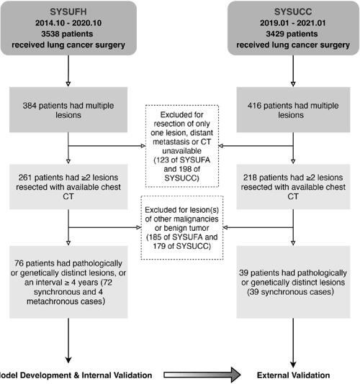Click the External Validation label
[295, 375]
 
